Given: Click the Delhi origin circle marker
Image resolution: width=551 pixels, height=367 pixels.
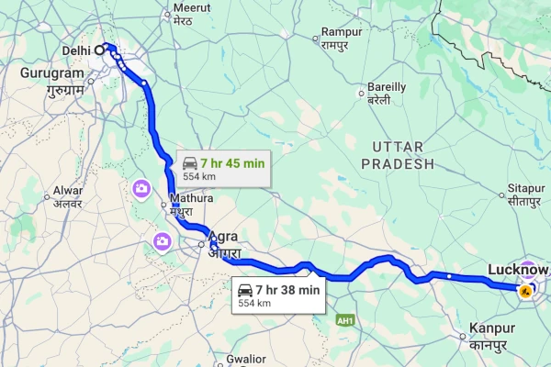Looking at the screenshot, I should [100, 50].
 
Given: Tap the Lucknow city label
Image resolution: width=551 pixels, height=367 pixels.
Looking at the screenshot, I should [517, 270].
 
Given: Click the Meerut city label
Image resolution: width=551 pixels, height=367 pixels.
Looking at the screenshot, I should [180, 11].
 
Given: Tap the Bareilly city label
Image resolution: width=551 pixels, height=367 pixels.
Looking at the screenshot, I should [386, 92].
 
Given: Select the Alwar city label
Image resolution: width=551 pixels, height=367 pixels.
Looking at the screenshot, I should [68, 195].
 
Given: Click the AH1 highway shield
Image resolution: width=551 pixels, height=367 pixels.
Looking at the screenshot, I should [345, 320].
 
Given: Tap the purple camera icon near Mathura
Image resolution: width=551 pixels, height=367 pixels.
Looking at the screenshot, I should [142, 190].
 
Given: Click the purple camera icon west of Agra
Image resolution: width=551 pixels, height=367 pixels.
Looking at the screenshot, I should [162, 241].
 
